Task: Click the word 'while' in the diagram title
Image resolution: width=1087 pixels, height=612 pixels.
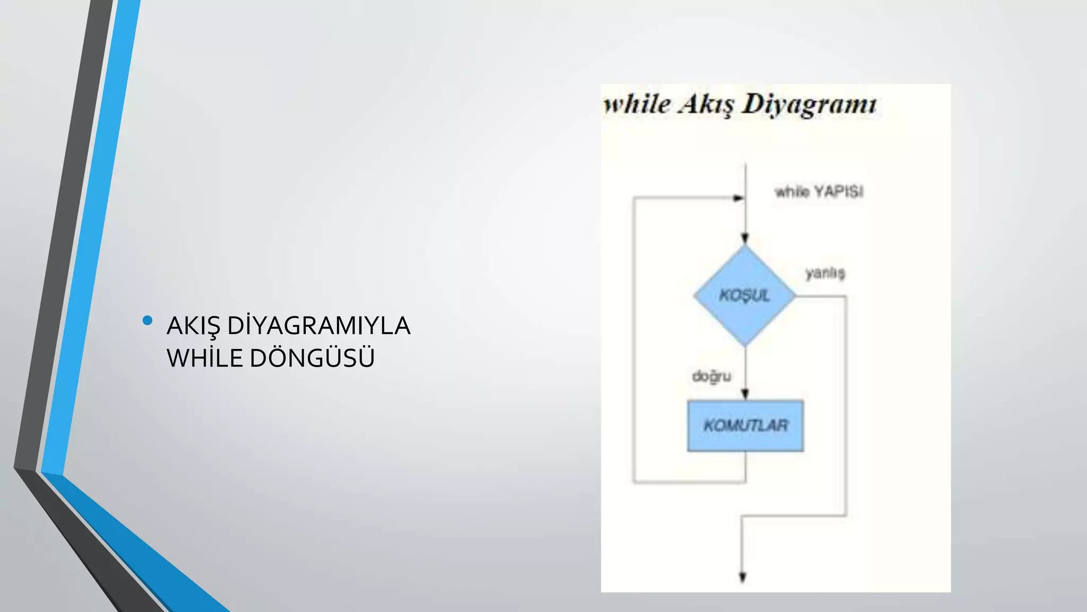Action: [x=637, y=104]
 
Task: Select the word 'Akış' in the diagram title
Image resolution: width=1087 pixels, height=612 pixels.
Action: [x=706, y=105]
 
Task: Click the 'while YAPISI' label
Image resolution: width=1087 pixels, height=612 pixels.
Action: [x=819, y=191]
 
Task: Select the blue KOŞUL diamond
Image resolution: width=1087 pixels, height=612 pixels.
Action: [x=745, y=295]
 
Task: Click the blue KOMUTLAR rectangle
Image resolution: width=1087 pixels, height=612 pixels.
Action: [x=745, y=426]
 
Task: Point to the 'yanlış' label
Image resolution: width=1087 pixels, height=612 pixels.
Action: [x=825, y=273]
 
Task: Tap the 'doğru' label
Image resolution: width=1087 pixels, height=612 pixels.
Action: [x=712, y=376]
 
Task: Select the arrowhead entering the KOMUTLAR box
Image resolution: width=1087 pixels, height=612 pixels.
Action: [x=745, y=394]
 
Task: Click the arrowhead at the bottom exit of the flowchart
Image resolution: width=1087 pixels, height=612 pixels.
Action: [x=743, y=577]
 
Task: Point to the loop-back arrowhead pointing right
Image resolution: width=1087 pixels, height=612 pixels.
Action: [x=738, y=198]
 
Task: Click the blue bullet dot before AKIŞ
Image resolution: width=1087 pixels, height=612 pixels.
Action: [x=148, y=320]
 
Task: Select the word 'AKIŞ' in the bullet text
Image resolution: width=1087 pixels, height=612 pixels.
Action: [x=193, y=326]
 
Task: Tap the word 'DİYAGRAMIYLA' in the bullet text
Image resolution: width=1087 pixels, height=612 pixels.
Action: [x=318, y=326]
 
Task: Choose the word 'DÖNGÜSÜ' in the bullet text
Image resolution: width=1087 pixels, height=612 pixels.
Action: [x=312, y=358]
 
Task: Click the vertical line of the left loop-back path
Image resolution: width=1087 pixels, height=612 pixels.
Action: [x=633, y=340]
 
